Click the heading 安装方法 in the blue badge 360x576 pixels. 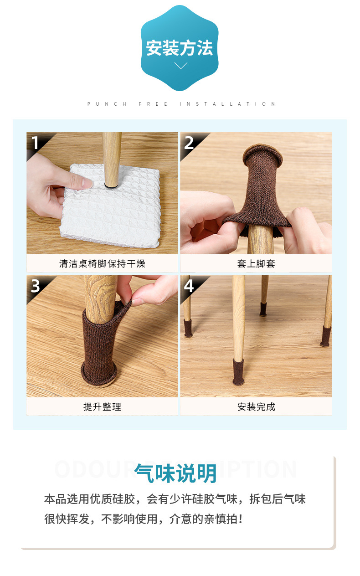[x=180, y=48]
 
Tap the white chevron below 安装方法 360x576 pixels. [x=181, y=66]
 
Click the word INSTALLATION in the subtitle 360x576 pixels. [x=227, y=104]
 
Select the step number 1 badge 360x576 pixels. [x=35, y=143]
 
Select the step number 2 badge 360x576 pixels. [x=189, y=143]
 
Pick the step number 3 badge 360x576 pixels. [x=36, y=286]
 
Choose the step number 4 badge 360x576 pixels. [x=189, y=286]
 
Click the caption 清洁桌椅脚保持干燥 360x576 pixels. [x=102, y=264]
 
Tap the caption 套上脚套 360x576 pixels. [x=256, y=264]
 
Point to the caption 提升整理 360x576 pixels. [x=102, y=406]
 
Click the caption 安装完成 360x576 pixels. [x=256, y=406]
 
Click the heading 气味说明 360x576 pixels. [x=175, y=473]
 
